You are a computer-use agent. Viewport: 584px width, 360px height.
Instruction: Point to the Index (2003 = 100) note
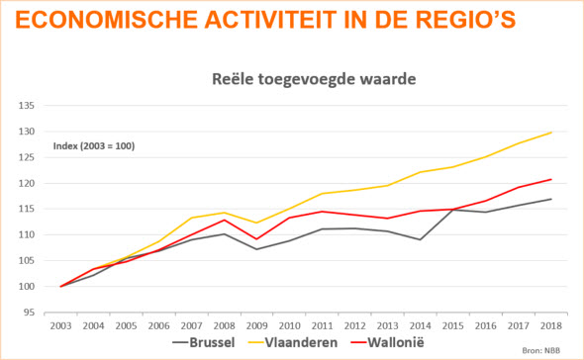(94, 146)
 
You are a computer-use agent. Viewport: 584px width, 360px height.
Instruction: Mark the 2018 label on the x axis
(550, 325)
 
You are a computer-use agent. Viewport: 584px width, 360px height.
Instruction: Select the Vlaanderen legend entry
(318, 343)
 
